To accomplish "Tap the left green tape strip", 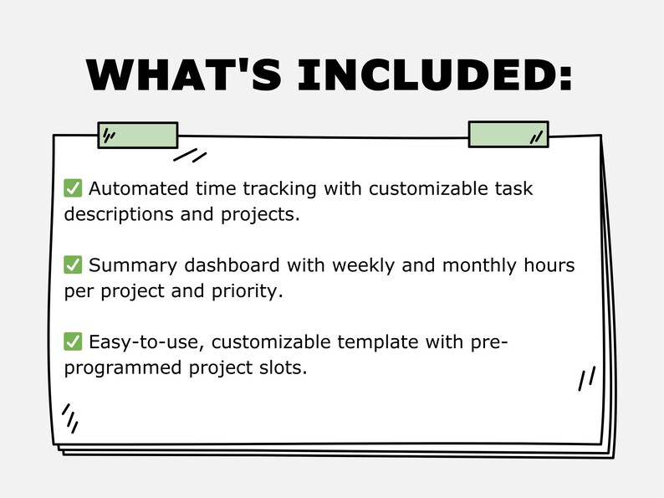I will [x=138, y=135].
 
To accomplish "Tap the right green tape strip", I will [x=508, y=135].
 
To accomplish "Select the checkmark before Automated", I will [x=73, y=188].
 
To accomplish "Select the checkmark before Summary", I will [x=73, y=265].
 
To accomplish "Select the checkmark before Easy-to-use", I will [x=73, y=341].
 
